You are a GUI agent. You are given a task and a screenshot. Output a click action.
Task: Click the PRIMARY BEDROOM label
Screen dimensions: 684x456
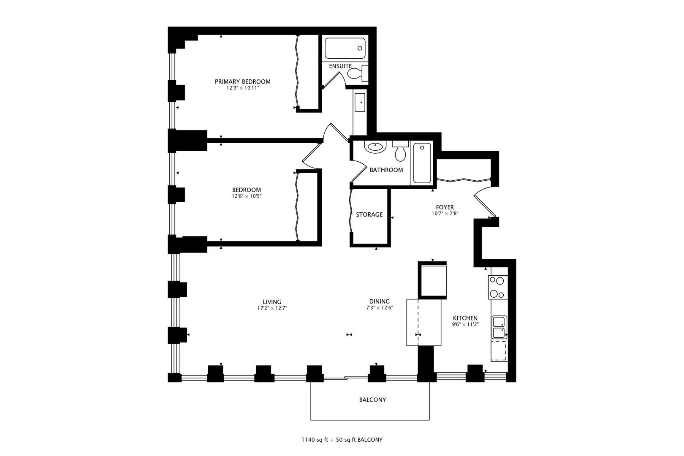tap(242, 81)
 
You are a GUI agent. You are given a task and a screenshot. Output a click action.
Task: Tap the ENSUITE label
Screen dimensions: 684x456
tap(340, 66)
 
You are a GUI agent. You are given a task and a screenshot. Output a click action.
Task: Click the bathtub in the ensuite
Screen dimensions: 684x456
tap(345, 48)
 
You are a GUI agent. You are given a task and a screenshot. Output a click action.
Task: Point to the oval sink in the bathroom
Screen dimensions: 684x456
tap(375, 147)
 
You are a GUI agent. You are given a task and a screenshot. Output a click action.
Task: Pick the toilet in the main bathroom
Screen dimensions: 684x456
tap(400, 151)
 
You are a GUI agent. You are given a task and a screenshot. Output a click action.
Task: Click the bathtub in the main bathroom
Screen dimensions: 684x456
tap(422, 163)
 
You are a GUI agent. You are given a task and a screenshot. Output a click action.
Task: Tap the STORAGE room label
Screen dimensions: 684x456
tap(369, 215)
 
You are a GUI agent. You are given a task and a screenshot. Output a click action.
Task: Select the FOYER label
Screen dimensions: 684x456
tap(445, 207)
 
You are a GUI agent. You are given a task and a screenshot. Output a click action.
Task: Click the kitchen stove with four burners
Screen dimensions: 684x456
tap(498, 287)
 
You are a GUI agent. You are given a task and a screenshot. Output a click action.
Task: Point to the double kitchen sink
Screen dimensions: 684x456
tap(499, 327)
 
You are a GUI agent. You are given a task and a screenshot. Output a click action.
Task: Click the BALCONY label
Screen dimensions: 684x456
tap(372, 400)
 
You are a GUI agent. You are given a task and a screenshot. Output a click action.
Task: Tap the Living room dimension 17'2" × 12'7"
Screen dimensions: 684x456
tap(272, 308)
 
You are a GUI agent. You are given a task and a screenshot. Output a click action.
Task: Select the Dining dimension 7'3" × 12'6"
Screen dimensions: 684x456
tap(380, 307)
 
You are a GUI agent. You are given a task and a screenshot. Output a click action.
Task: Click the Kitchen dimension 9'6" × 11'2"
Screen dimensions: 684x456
tap(465, 324)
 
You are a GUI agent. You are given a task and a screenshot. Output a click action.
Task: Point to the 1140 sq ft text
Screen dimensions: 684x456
tap(315, 440)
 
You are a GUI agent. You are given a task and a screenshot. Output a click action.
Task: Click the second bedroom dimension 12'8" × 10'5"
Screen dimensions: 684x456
tap(247, 196)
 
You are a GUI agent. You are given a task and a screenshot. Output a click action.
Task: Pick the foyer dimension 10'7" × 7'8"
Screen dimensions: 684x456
tap(445, 214)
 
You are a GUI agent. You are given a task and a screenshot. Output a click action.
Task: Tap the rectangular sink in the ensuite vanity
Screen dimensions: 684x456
tap(360, 102)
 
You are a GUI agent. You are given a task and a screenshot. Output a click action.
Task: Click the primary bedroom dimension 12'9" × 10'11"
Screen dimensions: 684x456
tap(242, 88)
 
